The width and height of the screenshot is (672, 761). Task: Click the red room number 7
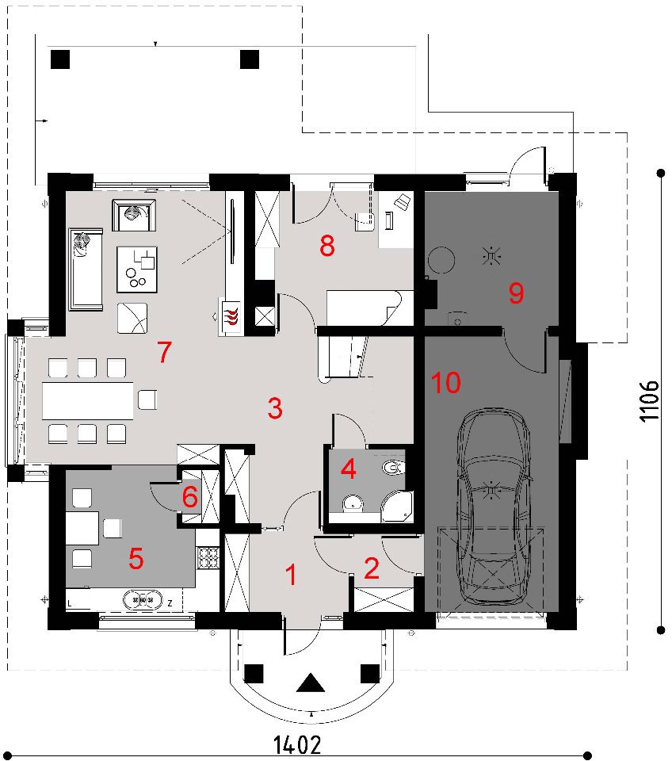[165, 352]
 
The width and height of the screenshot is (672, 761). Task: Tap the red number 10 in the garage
[446, 382]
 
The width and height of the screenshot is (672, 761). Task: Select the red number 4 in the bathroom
[349, 469]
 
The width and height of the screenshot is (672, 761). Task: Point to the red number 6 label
[189, 497]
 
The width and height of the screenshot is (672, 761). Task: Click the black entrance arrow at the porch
[311, 683]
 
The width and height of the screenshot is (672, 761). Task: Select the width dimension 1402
[297, 744]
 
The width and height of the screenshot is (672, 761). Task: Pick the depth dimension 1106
[650, 401]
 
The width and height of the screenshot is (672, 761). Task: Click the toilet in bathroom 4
[394, 468]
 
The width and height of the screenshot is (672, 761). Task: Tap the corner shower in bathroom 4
[397, 507]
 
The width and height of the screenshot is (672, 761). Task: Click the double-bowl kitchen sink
[142, 600]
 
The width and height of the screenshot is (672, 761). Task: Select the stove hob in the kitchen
[208, 557]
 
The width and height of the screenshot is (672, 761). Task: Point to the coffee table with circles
[137, 269]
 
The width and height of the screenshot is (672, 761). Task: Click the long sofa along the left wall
[86, 269]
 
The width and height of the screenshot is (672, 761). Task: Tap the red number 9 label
[516, 293]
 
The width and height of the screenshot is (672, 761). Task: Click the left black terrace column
[60, 59]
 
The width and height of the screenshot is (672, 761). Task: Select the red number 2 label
[372, 568]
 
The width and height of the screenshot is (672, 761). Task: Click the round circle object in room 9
[441, 260]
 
